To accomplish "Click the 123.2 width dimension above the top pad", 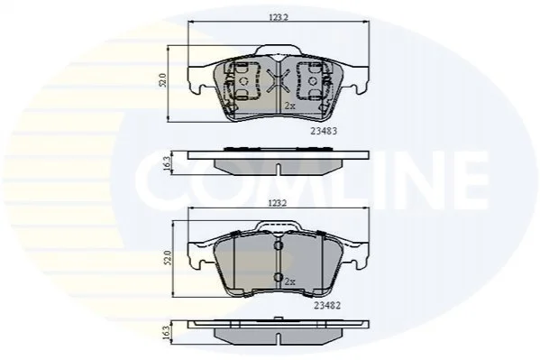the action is pos(279,17).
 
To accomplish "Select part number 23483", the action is pos(324,131).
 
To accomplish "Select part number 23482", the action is pos(327,305).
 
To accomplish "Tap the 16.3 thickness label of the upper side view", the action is pos(167,164).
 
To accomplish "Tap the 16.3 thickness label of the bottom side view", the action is pos(167,333).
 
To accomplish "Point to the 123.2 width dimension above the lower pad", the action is pos(278,203).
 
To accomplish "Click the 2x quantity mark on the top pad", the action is pos(290,106).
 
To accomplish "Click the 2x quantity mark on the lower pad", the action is pos(290,282).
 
